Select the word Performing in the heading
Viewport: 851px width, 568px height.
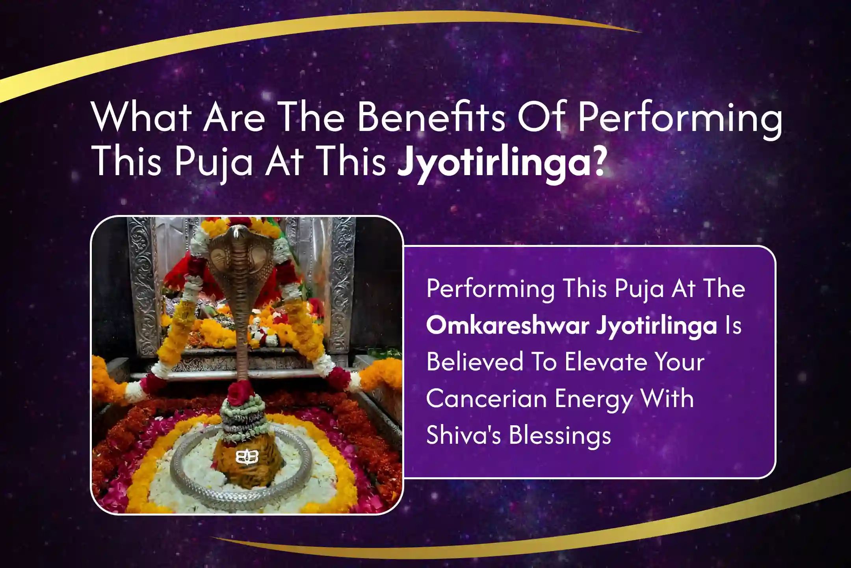680,119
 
